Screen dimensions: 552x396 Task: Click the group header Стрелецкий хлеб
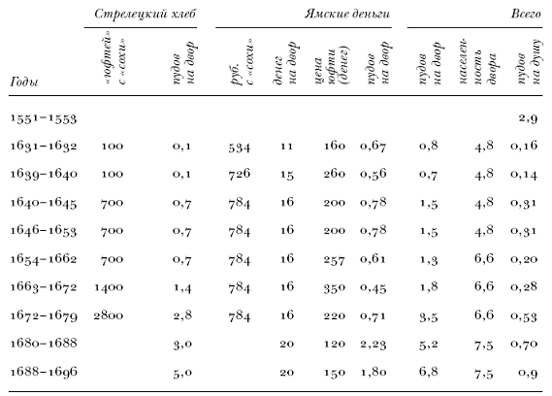pos(145,15)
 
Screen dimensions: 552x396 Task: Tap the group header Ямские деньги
pos(347,15)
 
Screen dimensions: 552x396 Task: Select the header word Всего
pos(526,15)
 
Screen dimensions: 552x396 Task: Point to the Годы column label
pos(24,82)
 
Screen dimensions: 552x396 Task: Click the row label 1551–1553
pos(44,118)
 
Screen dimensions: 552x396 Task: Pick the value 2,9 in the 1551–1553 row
pos(528,118)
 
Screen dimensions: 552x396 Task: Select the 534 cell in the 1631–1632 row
pos(240,147)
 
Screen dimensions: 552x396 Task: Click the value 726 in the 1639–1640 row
pos(240,174)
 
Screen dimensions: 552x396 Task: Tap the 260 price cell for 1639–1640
pos(335,174)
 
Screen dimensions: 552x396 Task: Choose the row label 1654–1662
pos(44,259)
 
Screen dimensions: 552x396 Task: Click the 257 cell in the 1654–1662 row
pos(335,260)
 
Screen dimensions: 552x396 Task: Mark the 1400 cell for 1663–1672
pos(109,287)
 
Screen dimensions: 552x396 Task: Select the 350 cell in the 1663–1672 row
pos(335,288)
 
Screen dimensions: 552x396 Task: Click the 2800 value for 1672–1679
pos(109,315)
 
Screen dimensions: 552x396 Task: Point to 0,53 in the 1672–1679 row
pos(524,316)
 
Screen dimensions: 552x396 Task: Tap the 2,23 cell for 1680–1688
pos(373,344)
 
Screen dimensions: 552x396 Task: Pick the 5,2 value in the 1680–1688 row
pos(429,344)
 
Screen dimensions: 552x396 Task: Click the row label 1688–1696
pos(44,372)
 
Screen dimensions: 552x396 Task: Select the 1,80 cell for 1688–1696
pos(373,372)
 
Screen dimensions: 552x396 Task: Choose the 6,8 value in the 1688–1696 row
pos(429,372)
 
